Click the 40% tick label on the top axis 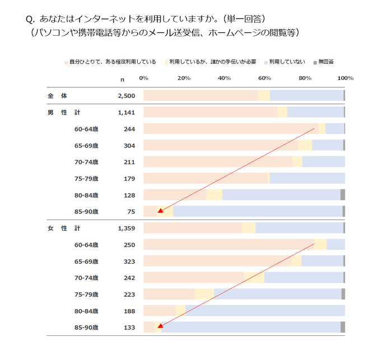pos(224,78)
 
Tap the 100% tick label pos(346,78)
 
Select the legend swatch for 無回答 pos(315,62)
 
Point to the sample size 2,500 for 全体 pos(127,96)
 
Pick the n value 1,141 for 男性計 pos(127,113)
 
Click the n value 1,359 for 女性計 pos(127,228)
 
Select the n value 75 pos(131,212)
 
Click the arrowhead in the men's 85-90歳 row pos(160,211)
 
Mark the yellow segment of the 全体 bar pos(264,96)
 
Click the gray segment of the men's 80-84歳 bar pos(343,195)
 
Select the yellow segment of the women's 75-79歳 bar pos(204,294)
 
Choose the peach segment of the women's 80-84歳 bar pos(160,311)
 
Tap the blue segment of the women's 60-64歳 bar pos(335,245)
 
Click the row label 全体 pos(57,96)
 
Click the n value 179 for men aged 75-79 pos(129,179)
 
